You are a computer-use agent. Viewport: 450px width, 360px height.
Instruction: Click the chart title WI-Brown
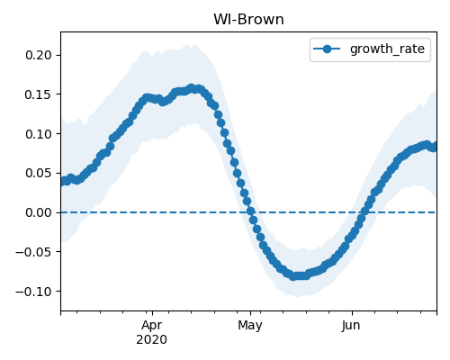pos(248,20)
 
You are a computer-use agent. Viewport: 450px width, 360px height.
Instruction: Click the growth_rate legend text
pos(387,49)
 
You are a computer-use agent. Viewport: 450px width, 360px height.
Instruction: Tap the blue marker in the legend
pos(327,49)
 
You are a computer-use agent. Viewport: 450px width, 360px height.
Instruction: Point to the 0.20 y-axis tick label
pos(39,55)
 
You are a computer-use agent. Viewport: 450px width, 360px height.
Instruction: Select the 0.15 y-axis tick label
pos(39,94)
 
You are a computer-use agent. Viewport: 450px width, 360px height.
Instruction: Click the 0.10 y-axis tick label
pos(39,134)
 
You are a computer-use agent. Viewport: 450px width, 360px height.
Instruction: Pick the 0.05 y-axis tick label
pos(39,173)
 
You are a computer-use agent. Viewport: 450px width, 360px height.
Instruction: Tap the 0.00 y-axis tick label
pos(39,212)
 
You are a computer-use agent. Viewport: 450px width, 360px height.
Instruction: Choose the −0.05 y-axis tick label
pos(33,252)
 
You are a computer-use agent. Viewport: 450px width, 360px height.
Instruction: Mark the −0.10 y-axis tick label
pos(33,291)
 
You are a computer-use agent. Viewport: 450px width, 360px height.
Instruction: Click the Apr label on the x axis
pos(152,326)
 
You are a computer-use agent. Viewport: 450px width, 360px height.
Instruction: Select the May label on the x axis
pos(250,326)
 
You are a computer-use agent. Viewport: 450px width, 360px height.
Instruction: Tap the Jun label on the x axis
pos(351,326)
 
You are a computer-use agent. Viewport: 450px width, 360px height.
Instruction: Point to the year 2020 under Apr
pos(152,340)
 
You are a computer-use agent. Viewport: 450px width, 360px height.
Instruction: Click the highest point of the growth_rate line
pos(192,88)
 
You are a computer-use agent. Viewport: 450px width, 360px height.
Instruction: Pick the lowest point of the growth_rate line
pos(293,276)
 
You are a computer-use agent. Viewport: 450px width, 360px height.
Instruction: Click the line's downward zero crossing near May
pos(250,212)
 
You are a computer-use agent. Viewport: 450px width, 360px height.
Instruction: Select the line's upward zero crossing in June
pos(364,212)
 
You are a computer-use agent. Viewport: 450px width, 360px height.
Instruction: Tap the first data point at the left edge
pos(63,181)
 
